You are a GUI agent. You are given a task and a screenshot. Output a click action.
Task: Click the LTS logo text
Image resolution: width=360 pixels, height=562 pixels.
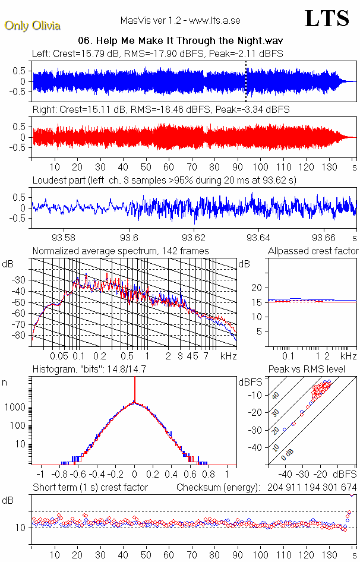click(327, 19)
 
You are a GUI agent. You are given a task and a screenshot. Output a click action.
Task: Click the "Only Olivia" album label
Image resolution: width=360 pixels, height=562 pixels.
click(32, 26)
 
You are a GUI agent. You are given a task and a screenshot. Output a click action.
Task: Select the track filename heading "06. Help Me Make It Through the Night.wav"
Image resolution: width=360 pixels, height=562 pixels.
click(179, 41)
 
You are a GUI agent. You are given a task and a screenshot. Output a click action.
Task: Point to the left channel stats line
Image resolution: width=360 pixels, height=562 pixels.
click(157, 53)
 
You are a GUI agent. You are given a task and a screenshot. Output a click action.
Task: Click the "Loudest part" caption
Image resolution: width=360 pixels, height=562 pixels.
click(164, 179)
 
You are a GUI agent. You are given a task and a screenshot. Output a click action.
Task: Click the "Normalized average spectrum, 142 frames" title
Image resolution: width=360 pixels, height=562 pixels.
click(121, 251)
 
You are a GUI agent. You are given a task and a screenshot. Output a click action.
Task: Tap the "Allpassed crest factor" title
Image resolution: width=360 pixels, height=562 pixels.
click(313, 251)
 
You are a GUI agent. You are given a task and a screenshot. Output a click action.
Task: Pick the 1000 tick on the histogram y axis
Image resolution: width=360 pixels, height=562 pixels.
click(15, 408)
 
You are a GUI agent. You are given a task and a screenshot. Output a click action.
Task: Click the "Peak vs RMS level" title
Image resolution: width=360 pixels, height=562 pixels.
click(315, 370)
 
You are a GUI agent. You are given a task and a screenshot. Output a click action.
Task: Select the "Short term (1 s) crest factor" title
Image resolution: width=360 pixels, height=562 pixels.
click(90, 488)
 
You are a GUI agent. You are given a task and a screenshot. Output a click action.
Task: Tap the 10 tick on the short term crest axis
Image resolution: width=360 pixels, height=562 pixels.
click(20, 528)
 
